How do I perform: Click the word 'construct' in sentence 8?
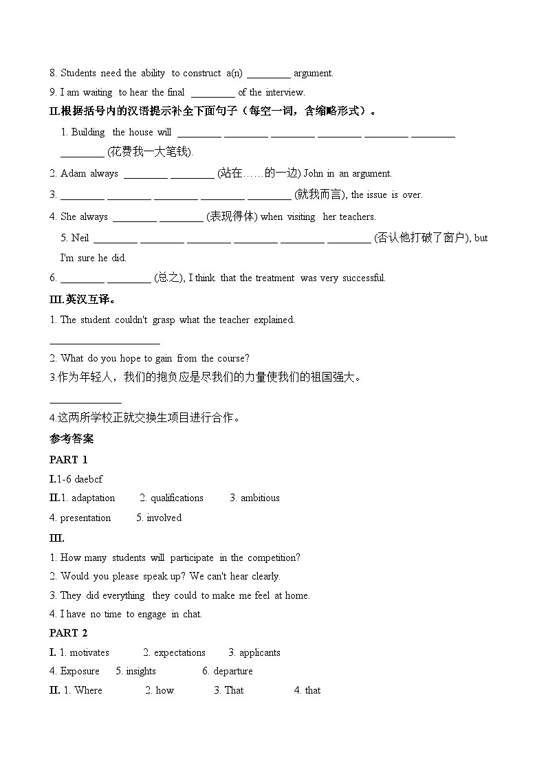203,73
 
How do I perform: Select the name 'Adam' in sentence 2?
74,173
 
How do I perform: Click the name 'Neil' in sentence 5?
80,238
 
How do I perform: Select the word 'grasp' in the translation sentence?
164,320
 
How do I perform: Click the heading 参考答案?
72,439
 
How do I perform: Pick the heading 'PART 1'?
69,460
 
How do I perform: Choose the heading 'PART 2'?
69,633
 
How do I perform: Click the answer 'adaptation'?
93,498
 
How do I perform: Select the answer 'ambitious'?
259,498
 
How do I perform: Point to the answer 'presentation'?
85,518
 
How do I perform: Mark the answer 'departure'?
232,671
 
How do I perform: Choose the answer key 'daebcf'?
89,479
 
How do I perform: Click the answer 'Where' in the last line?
87,690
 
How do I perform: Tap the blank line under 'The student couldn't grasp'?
105,341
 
